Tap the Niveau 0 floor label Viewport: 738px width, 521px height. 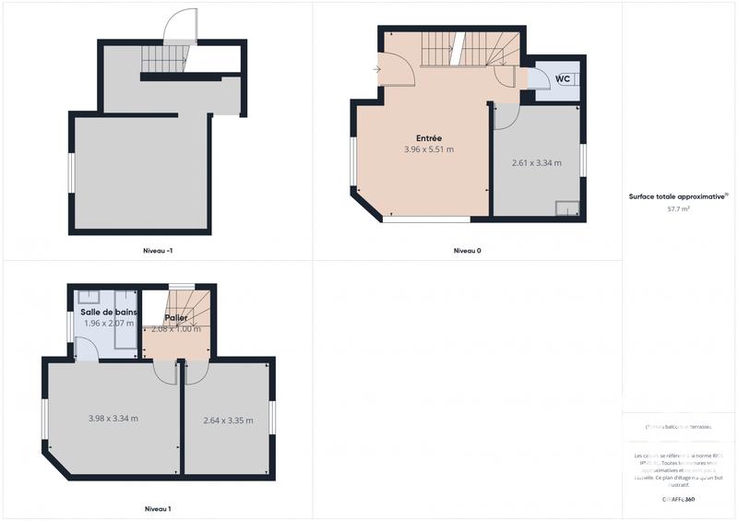pos(467,250)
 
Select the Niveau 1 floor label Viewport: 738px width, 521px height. pos(158,509)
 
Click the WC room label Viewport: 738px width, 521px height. pos(563,79)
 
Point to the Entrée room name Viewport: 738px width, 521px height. pos(429,138)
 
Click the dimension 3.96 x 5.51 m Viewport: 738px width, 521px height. pos(429,149)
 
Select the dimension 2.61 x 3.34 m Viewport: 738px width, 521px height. pos(537,163)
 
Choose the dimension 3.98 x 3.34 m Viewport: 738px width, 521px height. pos(113,419)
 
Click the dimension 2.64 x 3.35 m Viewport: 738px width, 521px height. pos(228,421)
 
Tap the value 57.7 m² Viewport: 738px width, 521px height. pos(679,209)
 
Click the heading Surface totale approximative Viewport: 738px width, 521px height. pos(677,196)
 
